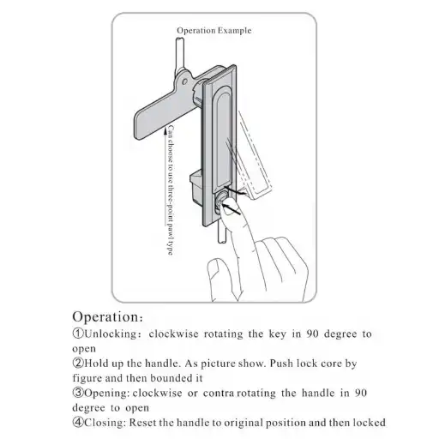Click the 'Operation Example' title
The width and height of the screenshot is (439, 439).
[x=214, y=31]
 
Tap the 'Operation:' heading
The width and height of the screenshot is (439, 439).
[x=107, y=316]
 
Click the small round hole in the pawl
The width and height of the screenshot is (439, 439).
[x=184, y=81]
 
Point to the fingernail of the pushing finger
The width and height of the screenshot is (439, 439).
[x=228, y=210]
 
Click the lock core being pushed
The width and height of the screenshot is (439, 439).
[x=220, y=202]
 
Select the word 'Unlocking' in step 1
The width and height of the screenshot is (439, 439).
[x=111, y=334]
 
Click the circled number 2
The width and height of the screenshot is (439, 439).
[x=78, y=364]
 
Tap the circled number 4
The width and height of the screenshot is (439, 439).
[x=78, y=422]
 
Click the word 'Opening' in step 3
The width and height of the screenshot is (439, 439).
[x=105, y=394]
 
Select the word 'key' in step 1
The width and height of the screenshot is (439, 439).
[x=277, y=334]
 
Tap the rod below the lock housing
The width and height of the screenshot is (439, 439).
[x=222, y=232]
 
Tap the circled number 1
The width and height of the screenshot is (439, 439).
[x=78, y=334]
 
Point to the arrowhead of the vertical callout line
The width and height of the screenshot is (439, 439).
[x=165, y=132]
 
